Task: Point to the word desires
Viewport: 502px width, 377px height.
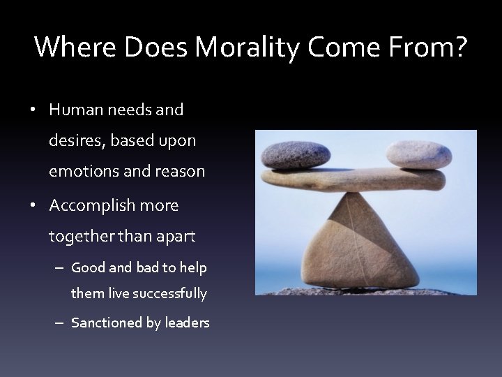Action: point(74,140)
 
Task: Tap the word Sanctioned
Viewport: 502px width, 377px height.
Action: point(103,323)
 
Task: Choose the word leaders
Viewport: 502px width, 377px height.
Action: point(188,323)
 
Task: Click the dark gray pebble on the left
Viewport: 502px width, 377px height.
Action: point(296,155)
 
